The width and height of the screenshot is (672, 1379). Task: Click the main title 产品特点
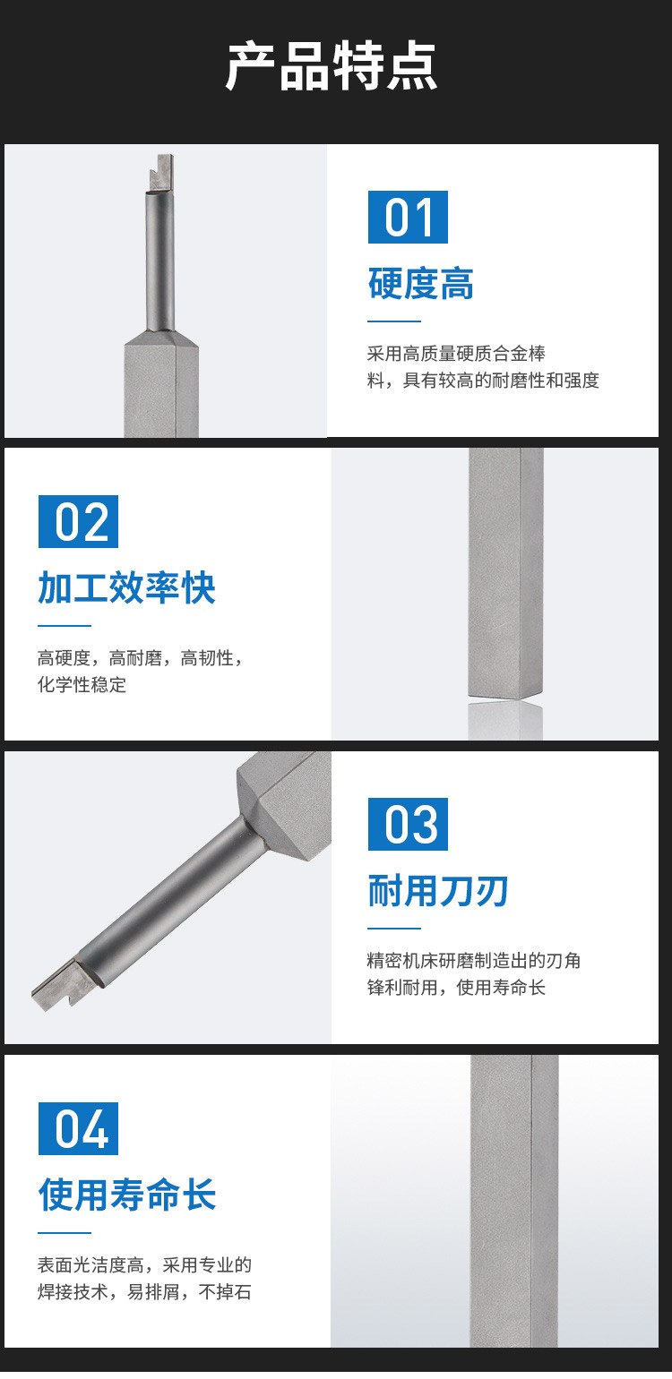(x=332, y=66)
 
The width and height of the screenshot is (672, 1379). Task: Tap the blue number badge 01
(x=408, y=217)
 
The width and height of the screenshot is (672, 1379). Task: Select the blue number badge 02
(x=78, y=521)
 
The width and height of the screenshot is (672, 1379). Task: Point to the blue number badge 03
(x=408, y=824)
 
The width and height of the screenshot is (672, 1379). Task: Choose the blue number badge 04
(x=78, y=1128)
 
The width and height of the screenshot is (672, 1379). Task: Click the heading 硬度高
(x=421, y=284)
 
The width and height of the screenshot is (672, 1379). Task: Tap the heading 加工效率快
(x=126, y=588)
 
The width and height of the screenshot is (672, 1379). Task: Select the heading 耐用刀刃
(x=438, y=891)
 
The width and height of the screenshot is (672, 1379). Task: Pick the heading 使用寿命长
(x=127, y=1195)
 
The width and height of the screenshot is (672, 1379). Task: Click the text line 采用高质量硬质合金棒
(x=456, y=354)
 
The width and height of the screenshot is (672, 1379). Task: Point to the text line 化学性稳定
(x=82, y=684)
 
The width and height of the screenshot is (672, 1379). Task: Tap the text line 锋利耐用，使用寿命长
(x=456, y=987)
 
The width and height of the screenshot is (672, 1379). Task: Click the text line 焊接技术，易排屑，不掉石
(x=144, y=1291)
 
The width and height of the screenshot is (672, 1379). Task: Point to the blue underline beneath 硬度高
(x=394, y=321)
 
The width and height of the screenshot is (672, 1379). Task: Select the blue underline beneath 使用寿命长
(x=64, y=1232)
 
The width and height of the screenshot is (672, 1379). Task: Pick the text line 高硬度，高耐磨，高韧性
(x=140, y=658)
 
